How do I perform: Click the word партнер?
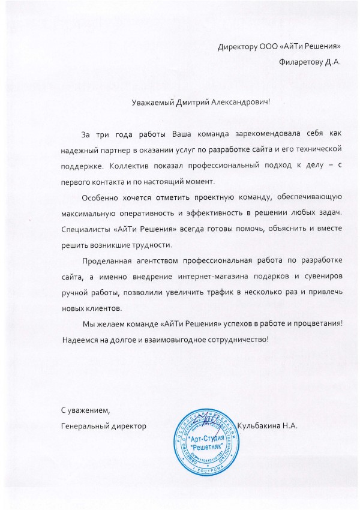point(112,147)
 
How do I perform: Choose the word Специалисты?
point(83,229)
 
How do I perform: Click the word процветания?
point(320,324)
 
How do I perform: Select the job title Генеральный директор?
point(104,425)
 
